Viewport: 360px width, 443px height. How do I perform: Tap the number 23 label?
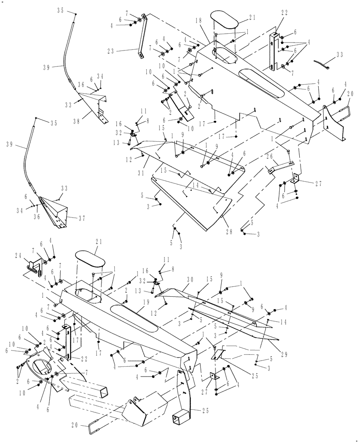pyautogui.click(x=110, y=51)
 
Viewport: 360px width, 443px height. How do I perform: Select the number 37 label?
pyautogui.click(x=82, y=218)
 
